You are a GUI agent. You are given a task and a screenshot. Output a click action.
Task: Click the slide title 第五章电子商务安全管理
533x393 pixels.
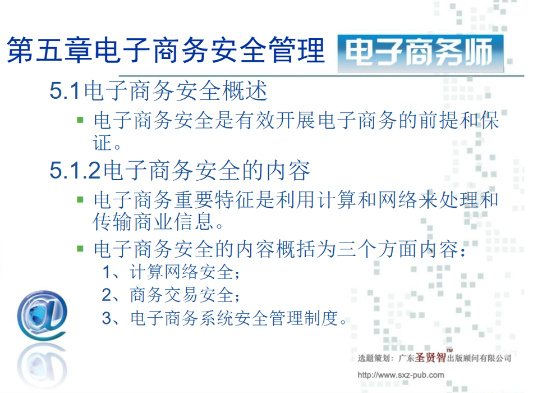[x=166, y=51]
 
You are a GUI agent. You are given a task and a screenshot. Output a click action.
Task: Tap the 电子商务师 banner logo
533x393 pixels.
[x=420, y=53]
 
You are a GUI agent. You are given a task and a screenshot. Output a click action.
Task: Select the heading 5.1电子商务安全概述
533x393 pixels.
[x=158, y=91]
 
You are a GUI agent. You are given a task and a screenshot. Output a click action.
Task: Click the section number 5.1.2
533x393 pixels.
[x=75, y=170]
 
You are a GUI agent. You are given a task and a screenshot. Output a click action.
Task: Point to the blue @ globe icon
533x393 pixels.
[x=42, y=315]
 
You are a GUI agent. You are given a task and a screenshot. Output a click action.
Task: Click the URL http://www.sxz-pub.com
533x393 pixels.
[x=401, y=375]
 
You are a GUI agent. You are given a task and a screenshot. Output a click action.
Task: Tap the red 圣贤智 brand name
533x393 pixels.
[x=430, y=357]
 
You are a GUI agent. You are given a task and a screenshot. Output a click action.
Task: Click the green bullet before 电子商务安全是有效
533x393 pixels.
[x=80, y=120]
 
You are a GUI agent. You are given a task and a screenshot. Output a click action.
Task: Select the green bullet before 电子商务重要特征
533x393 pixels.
[x=80, y=199]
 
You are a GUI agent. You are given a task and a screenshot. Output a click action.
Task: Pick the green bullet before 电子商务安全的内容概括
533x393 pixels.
[x=80, y=249]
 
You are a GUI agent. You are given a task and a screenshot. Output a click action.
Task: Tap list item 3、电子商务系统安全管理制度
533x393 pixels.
[x=224, y=318]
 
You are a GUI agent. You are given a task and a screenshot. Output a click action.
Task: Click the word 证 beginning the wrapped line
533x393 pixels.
[x=102, y=142]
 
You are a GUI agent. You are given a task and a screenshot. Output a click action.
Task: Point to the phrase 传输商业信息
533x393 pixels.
[x=153, y=222]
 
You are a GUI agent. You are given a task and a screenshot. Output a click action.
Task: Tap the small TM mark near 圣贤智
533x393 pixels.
[x=449, y=350]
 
